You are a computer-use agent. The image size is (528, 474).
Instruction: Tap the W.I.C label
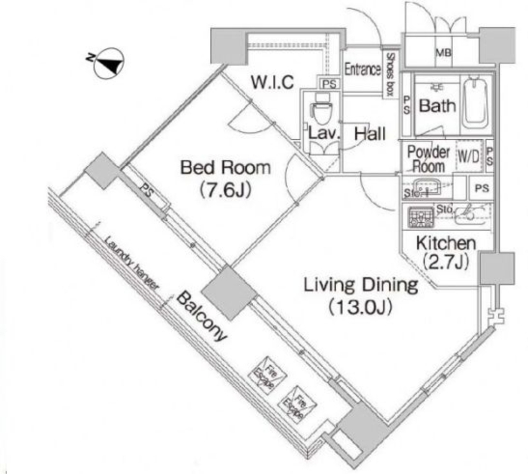[x=272, y=82]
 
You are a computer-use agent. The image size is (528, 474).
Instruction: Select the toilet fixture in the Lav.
[x=321, y=111]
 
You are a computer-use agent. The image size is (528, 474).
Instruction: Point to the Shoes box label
[x=390, y=74]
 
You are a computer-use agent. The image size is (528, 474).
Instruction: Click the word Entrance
[x=362, y=70]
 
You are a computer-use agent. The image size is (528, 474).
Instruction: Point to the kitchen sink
[x=471, y=214]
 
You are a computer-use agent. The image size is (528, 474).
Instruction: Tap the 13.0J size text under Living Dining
[x=360, y=307]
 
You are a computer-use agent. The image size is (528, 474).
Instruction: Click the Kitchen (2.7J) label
[x=446, y=252]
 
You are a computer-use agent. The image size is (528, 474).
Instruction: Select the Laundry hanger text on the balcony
[x=132, y=264]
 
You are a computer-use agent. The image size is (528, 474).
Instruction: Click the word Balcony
[x=202, y=317]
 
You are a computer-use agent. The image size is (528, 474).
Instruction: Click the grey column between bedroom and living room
[x=228, y=292]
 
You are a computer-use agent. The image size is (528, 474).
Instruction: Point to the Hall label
[x=370, y=134]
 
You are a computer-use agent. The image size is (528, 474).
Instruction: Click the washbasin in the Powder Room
[x=427, y=185]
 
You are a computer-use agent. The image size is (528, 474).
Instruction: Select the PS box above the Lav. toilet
[x=328, y=84]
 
